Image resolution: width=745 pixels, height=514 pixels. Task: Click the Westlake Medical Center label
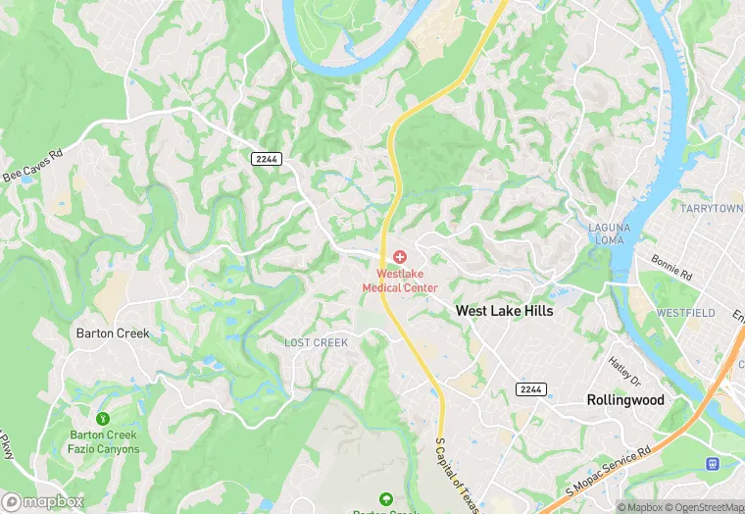click(400, 281)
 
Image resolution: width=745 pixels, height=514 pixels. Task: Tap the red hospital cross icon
click(400, 257)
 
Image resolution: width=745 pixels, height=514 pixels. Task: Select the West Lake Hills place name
click(504, 311)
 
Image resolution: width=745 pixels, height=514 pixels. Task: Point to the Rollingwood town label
click(625, 400)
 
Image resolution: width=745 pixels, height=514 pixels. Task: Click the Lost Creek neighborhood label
click(316, 342)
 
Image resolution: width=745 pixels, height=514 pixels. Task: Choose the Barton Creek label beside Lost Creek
click(113, 334)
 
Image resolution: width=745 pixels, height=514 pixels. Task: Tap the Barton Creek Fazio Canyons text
click(104, 442)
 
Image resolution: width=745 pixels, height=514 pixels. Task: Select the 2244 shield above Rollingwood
click(530, 389)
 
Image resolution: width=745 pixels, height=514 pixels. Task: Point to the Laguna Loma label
click(609, 234)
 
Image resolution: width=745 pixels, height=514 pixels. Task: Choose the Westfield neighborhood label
click(685, 313)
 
